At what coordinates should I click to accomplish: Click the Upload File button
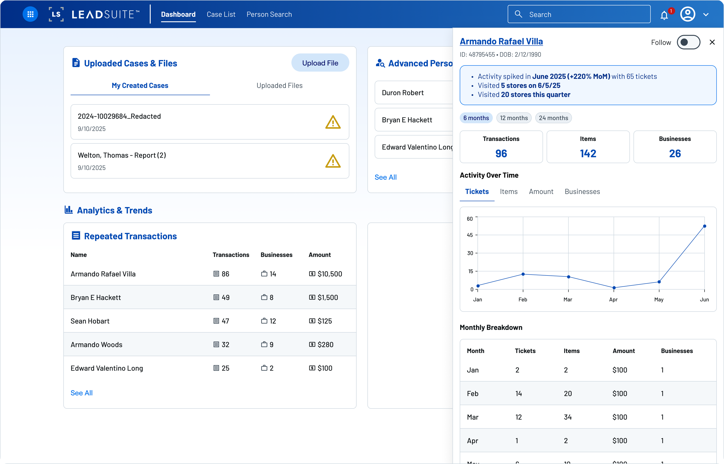[320, 63]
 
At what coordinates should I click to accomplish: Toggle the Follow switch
[688, 42]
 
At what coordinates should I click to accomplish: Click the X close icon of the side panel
[712, 42]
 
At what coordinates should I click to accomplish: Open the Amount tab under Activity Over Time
[541, 192]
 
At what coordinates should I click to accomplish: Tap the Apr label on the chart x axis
[613, 300]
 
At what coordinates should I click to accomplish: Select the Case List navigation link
[221, 14]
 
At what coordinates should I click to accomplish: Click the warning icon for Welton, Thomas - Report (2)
[333, 161]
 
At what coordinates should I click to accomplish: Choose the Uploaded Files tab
[279, 86]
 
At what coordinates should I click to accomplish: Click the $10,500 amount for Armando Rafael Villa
[329, 274]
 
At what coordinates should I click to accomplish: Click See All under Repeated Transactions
[81, 393]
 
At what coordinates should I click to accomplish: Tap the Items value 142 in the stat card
[588, 154]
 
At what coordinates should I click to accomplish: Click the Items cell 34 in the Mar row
[568, 417]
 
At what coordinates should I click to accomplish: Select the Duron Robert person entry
[403, 93]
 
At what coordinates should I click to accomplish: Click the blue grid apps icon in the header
[30, 14]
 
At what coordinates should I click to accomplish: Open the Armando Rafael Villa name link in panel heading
[501, 41]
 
